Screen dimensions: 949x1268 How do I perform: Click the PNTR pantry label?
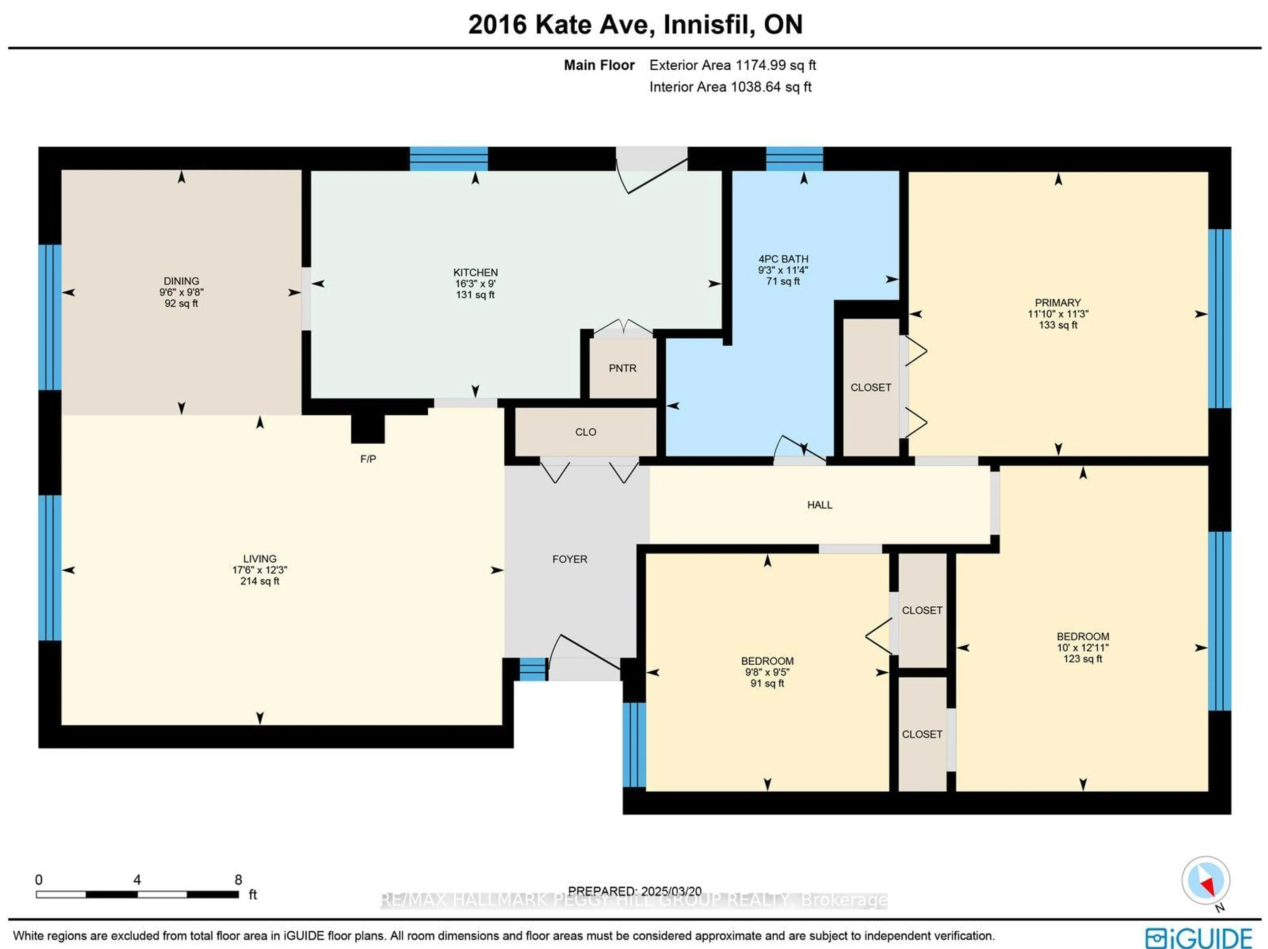click(x=622, y=368)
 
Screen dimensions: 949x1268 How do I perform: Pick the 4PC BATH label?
click(x=783, y=259)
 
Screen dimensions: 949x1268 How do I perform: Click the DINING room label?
click(x=181, y=281)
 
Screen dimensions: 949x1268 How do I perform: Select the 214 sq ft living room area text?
click(x=260, y=581)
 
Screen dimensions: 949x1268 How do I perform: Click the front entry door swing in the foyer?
click(x=585, y=653)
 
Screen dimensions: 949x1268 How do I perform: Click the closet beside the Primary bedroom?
click(x=870, y=388)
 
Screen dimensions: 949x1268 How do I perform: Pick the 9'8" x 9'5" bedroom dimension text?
click(x=767, y=672)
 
